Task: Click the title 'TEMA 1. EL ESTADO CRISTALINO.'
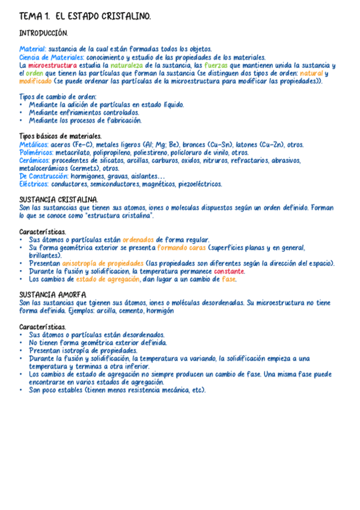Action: pos(85,16)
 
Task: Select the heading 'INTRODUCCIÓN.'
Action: pos(43,33)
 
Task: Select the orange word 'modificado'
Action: pos(35,81)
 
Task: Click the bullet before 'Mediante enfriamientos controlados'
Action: pos(22,112)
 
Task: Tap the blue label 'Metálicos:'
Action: pos(34,144)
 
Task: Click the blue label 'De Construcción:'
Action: pos(44,176)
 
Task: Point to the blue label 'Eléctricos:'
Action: pos(34,184)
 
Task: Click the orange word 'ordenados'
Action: pos(138,239)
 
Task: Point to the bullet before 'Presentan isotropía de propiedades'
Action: pos(22,350)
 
